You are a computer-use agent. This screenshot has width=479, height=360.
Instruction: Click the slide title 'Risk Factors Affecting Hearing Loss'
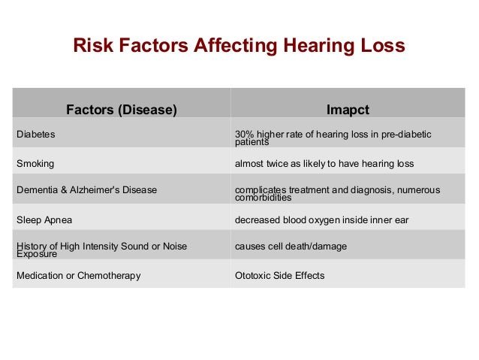239,46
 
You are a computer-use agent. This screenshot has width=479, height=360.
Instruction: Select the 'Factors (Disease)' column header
122,110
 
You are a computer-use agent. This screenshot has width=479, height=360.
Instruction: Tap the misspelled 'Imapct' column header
348,110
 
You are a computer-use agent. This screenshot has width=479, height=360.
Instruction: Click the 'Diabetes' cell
36,135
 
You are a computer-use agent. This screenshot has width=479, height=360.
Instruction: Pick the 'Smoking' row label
35,163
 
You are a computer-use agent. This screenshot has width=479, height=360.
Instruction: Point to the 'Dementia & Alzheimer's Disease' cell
87,190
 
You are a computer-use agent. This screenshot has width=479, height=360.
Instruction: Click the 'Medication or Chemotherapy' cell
79,275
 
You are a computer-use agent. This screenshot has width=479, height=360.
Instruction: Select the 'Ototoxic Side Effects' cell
280,275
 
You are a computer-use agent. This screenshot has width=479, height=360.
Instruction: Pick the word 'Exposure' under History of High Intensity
37,253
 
